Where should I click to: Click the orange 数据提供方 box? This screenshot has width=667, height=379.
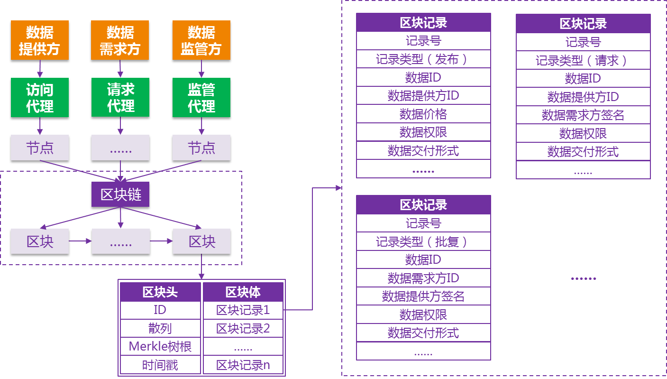point(40,40)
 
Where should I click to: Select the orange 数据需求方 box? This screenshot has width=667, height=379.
point(120,40)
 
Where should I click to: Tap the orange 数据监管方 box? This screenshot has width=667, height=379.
point(201,40)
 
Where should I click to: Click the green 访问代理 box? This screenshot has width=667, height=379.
point(40,97)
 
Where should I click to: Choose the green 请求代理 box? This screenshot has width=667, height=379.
point(120,97)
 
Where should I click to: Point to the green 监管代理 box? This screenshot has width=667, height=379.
point(201,97)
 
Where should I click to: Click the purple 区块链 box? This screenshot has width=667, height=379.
point(120,194)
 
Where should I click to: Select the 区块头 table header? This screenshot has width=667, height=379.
point(160,292)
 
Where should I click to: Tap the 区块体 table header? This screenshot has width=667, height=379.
point(243,292)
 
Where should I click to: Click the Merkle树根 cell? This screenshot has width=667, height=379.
point(160,347)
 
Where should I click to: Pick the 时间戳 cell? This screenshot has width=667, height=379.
point(160,365)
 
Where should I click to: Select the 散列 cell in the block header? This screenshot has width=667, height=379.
point(160,329)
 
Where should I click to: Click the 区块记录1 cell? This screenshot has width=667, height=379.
point(243,310)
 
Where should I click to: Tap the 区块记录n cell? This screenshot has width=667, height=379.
point(243,365)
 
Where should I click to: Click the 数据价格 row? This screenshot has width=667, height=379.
point(423,114)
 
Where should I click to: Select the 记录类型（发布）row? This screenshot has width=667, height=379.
point(423,59)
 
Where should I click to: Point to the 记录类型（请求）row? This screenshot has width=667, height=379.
point(583,60)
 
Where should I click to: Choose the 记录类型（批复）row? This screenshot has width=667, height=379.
point(423,241)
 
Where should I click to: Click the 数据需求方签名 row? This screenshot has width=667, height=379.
point(583,115)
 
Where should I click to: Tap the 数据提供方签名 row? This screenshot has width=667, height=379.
point(423,296)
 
